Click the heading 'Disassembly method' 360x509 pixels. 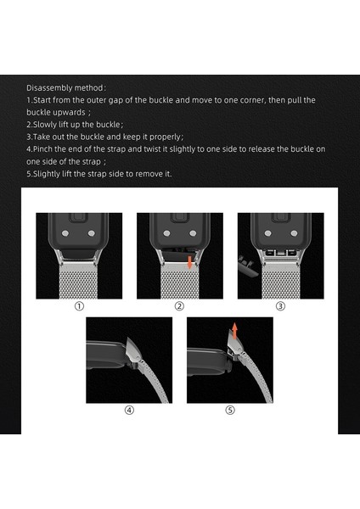pos(65,88)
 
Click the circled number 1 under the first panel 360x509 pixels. pos(79,306)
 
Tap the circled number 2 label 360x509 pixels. pos(179,306)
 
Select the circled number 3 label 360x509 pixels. pos(280,306)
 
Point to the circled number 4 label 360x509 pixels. pos(129,411)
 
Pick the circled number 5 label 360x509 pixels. pos(230,411)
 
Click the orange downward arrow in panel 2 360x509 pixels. pos(190,262)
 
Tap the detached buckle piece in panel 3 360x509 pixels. pos(248,266)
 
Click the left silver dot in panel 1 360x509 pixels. pos(65,233)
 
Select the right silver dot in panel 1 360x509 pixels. pos(92,233)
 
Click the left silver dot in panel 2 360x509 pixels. pos(166,233)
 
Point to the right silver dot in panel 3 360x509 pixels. pos(294,233)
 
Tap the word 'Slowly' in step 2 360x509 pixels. pos(45,125)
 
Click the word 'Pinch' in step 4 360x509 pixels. pos(43,149)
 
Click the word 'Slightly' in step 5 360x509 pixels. pos(47,174)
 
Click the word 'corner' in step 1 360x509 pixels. pos(252,100)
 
